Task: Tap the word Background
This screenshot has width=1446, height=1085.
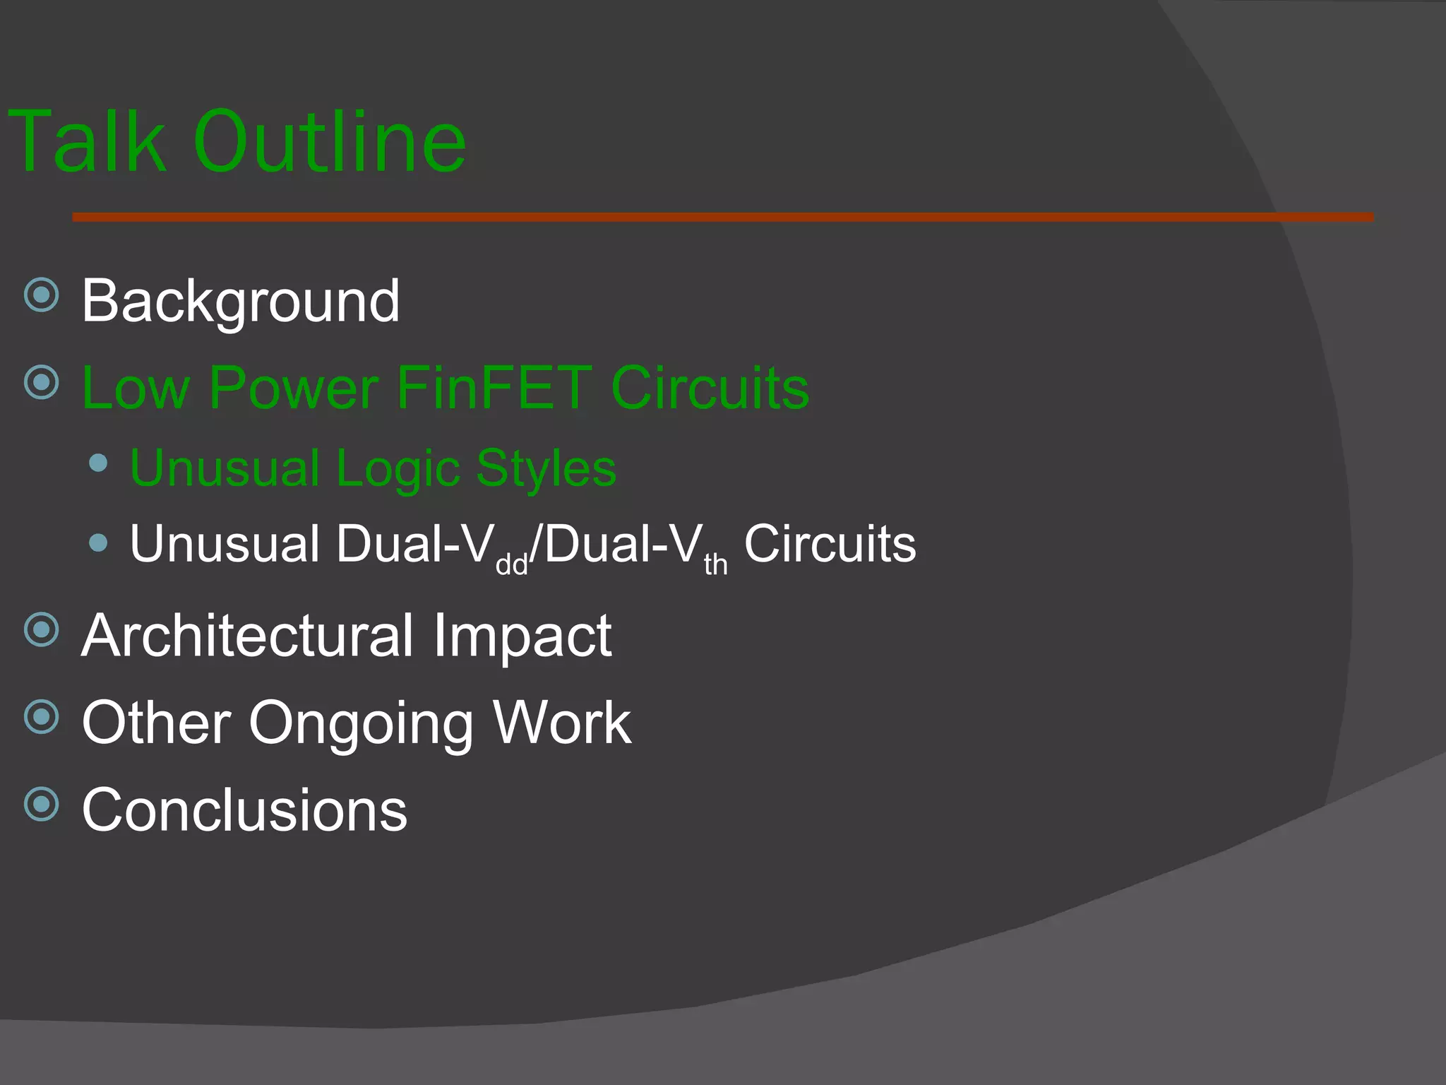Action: point(241,301)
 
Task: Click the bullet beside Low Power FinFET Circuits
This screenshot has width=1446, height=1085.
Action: point(42,382)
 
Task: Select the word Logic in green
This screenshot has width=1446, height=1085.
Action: point(398,468)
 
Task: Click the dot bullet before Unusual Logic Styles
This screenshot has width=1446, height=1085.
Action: point(99,463)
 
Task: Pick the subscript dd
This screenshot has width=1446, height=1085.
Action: point(512,564)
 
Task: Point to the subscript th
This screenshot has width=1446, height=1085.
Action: point(715,564)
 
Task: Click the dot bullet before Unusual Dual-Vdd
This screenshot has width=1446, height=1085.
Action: point(99,542)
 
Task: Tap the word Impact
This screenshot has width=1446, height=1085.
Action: point(522,637)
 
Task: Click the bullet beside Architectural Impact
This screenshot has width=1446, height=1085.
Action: point(42,629)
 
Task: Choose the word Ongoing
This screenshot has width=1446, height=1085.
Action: point(361,723)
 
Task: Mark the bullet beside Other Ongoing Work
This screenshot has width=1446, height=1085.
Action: point(42,716)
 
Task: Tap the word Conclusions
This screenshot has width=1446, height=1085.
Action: point(244,810)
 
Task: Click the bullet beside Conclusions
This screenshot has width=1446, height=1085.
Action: point(42,804)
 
